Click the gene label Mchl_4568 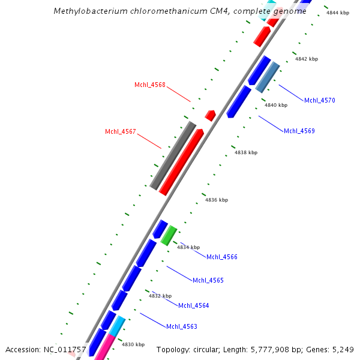pyautogui.click(x=149, y=85)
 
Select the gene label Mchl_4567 pyautogui.click(x=120, y=132)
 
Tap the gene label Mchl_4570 pyautogui.click(x=319, y=100)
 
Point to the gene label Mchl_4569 pyautogui.click(x=299, y=131)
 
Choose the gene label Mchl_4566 pyautogui.click(x=221, y=257)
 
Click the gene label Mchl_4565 pyautogui.click(x=208, y=280)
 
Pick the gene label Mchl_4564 pyautogui.click(x=193, y=306)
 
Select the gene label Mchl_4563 pyautogui.click(x=181, y=327)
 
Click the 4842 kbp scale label pyautogui.click(x=306, y=59)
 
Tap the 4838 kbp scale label pyautogui.click(x=245, y=153)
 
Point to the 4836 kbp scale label pyautogui.click(x=216, y=200)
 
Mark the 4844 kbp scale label pyautogui.click(x=337, y=13)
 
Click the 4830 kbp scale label pyautogui.click(x=133, y=344)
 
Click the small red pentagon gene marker pyautogui.click(x=210, y=115)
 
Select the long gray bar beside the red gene pyautogui.click(x=173, y=155)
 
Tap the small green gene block pyautogui.click(x=169, y=235)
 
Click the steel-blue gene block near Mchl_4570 pyautogui.click(x=268, y=77)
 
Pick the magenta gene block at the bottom pyautogui.click(x=104, y=346)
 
